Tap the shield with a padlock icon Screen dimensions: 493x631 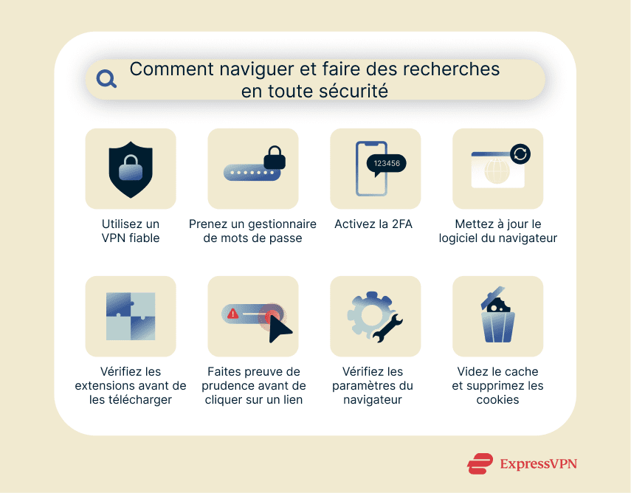pos(131,170)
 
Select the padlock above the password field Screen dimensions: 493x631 pos(275,156)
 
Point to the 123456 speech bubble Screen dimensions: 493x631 pos(387,163)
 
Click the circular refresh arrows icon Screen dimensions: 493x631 pos(520,154)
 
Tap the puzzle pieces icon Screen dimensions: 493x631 pos(131,316)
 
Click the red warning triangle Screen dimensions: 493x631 pos(233,314)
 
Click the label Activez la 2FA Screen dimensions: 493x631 pos(375,224)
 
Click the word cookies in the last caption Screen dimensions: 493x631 pos(497,399)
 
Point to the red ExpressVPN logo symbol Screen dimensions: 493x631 pos(480,463)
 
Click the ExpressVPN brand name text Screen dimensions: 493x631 pos(538,463)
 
